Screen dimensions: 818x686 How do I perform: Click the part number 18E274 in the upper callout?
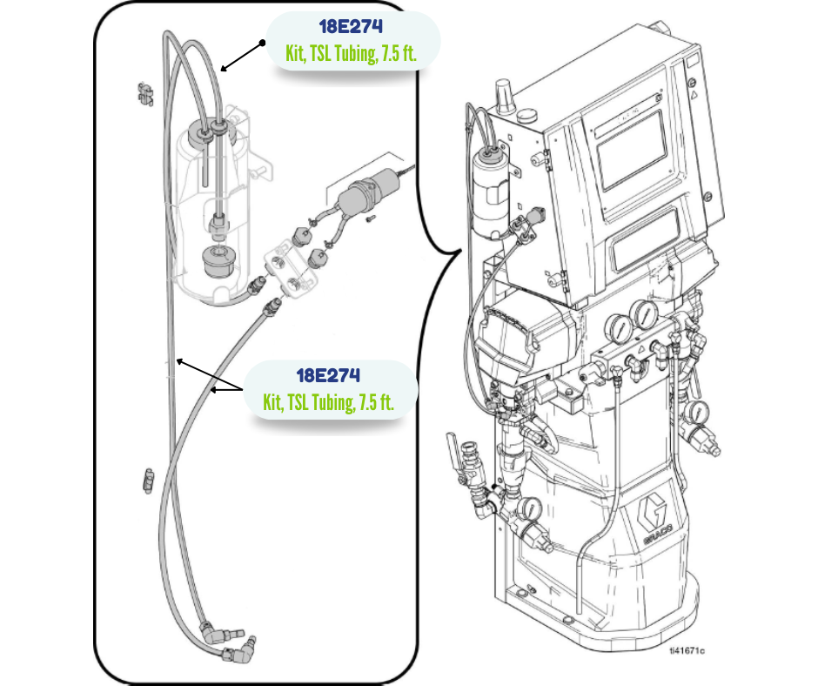click(351, 26)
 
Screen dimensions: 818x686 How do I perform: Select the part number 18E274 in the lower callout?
click(328, 375)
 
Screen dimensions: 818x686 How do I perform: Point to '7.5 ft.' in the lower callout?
click(376, 401)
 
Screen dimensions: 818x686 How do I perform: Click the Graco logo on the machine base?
click(657, 520)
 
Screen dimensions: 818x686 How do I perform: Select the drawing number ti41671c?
click(687, 650)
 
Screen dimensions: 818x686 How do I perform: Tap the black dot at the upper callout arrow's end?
click(264, 44)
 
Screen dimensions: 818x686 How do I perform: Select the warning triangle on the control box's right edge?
click(694, 96)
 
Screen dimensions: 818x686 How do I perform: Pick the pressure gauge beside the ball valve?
click(529, 508)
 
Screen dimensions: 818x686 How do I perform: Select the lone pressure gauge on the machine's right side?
click(695, 412)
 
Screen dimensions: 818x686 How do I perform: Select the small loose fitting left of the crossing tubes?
click(148, 479)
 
